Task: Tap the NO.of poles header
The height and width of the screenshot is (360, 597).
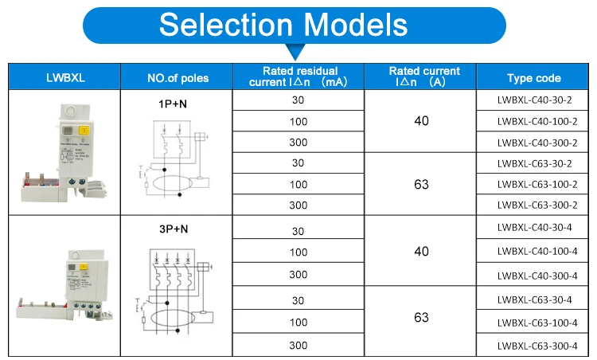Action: coord(177,78)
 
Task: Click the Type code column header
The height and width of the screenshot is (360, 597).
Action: coord(533,78)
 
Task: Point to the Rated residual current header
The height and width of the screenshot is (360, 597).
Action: coord(298,77)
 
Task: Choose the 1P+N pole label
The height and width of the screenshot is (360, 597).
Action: coord(173,104)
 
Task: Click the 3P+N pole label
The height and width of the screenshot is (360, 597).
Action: coord(173,229)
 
